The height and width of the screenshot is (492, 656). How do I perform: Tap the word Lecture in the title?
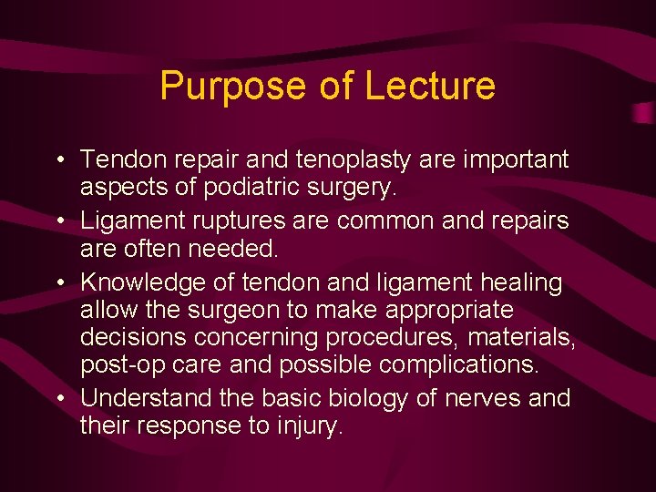click(430, 87)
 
